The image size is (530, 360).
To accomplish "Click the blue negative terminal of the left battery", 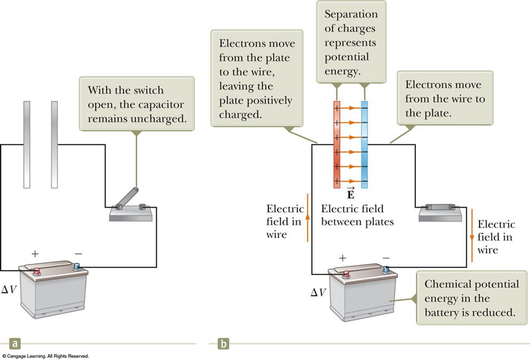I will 77,268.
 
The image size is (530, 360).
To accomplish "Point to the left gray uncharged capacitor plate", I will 26,145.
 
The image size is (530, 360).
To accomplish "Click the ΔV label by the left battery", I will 10,290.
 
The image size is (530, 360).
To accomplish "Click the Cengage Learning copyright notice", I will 45,356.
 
